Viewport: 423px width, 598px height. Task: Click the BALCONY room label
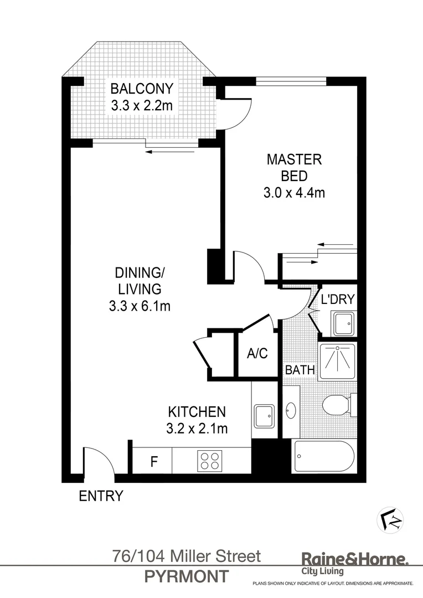pos(142,89)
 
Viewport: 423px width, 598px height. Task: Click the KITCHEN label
pos(197,412)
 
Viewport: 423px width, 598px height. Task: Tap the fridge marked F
pos(154,461)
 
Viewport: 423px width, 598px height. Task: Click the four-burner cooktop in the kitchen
pos(210,461)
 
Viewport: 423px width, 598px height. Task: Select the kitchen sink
pos(264,416)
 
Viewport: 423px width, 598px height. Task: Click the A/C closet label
pos(257,353)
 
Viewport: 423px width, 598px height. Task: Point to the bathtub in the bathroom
pos(323,457)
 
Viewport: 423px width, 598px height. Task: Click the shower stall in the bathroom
pos(338,360)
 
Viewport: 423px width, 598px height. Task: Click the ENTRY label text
pos(101,496)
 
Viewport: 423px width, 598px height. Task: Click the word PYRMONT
pos(186,576)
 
